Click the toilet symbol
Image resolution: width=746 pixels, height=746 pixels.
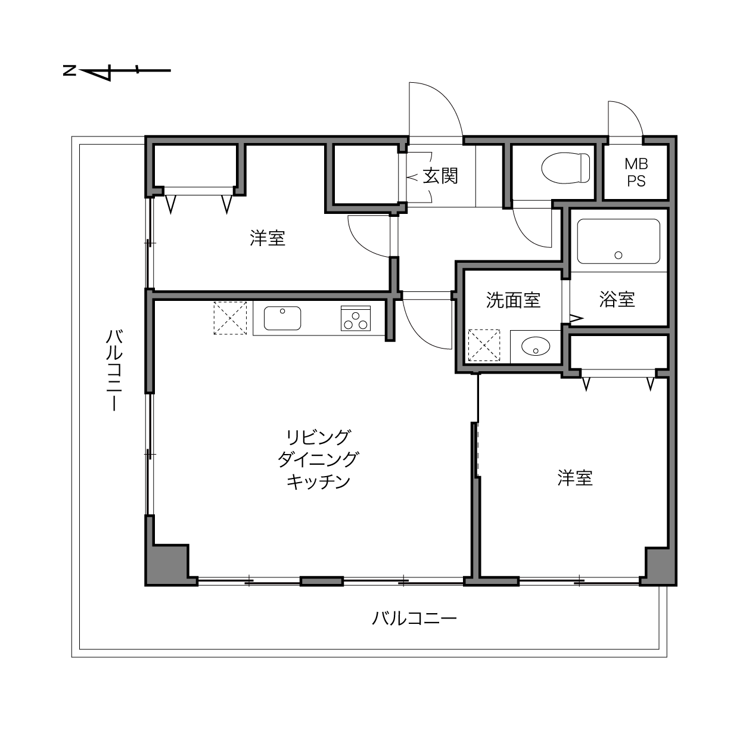click(x=565, y=169)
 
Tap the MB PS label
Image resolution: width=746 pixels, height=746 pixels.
click(x=636, y=173)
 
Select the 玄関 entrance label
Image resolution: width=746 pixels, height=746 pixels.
click(x=440, y=176)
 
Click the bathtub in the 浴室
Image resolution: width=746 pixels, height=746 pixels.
click(x=618, y=241)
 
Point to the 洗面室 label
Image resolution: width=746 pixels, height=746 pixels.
click(x=513, y=300)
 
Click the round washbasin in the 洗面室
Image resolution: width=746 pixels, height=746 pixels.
click(x=536, y=346)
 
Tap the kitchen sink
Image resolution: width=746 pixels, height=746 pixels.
click(x=282, y=318)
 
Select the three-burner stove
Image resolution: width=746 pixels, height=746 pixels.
click(x=355, y=318)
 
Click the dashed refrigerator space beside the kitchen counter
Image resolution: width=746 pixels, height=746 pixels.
click(x=230, y=318)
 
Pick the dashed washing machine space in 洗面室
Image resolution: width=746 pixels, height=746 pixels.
click(x=484, y=346)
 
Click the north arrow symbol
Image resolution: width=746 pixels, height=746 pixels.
click(x=117, y=71)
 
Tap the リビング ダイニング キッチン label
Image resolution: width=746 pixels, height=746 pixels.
click(x=318, y=459)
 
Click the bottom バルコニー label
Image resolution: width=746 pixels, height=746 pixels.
click(x=414, y=618)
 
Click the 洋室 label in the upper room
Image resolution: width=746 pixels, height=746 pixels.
click(x=268, y=238)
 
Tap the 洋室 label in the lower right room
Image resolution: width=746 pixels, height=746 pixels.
click(x=575, y=478)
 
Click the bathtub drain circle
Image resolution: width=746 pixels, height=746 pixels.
click(x=618, y=255)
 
